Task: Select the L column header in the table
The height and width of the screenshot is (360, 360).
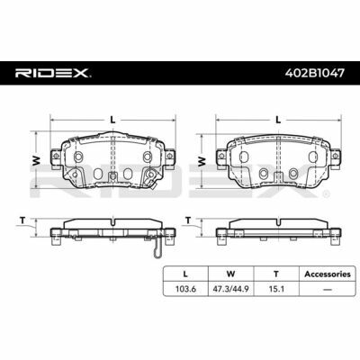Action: point(185,274)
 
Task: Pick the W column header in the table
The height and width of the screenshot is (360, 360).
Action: point(230,274)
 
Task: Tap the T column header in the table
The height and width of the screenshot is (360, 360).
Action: point(276,274)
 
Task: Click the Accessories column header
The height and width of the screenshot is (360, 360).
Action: point(328,274)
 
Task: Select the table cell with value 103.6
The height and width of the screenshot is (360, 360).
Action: point(185,289)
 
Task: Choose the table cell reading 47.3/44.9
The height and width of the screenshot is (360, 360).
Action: point(230,289)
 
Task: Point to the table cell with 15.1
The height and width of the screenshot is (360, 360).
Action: point(276,289)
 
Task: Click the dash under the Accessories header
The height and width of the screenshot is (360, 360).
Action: point(328,290)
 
